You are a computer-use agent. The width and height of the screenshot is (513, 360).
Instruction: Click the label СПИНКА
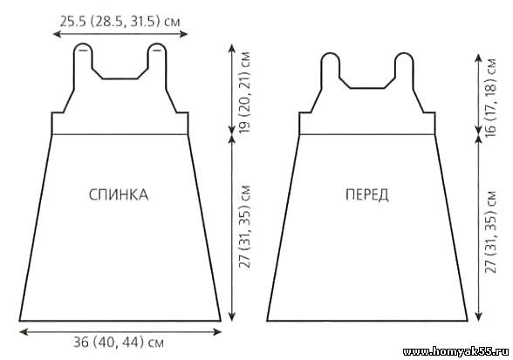click(119, 194)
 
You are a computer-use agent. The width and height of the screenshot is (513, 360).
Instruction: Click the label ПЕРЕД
click(367, 194)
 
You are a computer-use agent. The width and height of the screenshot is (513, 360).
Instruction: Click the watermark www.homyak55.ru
click(455, 351)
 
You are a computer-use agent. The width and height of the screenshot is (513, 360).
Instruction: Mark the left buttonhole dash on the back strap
click(84, 51)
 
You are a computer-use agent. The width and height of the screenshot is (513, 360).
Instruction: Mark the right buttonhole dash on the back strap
click(157, 51)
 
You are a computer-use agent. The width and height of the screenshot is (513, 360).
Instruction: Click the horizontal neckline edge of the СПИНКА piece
click(120, 78)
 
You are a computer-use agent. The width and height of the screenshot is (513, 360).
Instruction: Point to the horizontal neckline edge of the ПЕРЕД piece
click(367, 88)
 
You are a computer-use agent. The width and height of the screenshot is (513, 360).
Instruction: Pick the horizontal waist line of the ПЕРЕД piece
click(367, 134)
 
